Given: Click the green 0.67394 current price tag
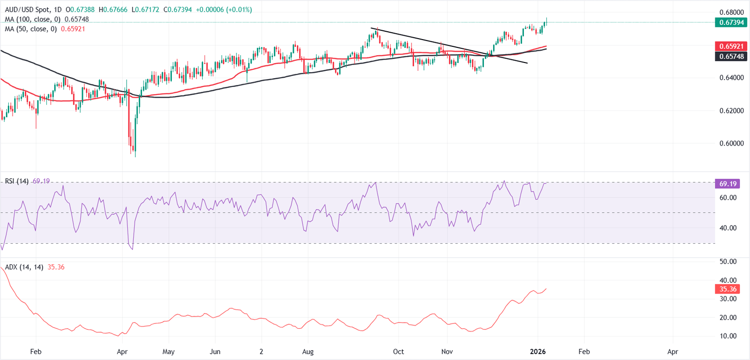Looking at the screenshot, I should pos(731,22).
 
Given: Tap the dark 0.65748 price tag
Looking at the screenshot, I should pos(731,57).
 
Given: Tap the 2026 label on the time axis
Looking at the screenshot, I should pos(538,351).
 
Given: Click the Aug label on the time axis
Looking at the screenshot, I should pos(308,351).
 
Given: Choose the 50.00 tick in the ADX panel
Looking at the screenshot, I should pos(725,261).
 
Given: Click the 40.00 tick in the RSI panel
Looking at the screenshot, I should pos(725,228).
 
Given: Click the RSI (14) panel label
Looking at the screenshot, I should pos(17,181).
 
